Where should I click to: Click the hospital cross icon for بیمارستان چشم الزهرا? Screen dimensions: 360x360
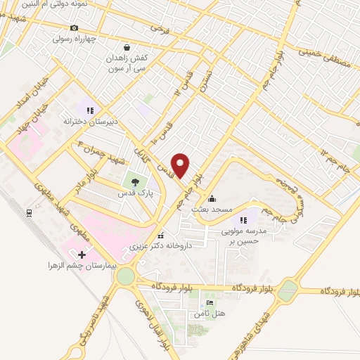tap(82, 254)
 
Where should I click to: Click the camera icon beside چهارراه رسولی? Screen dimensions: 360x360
tap(74, 27)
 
